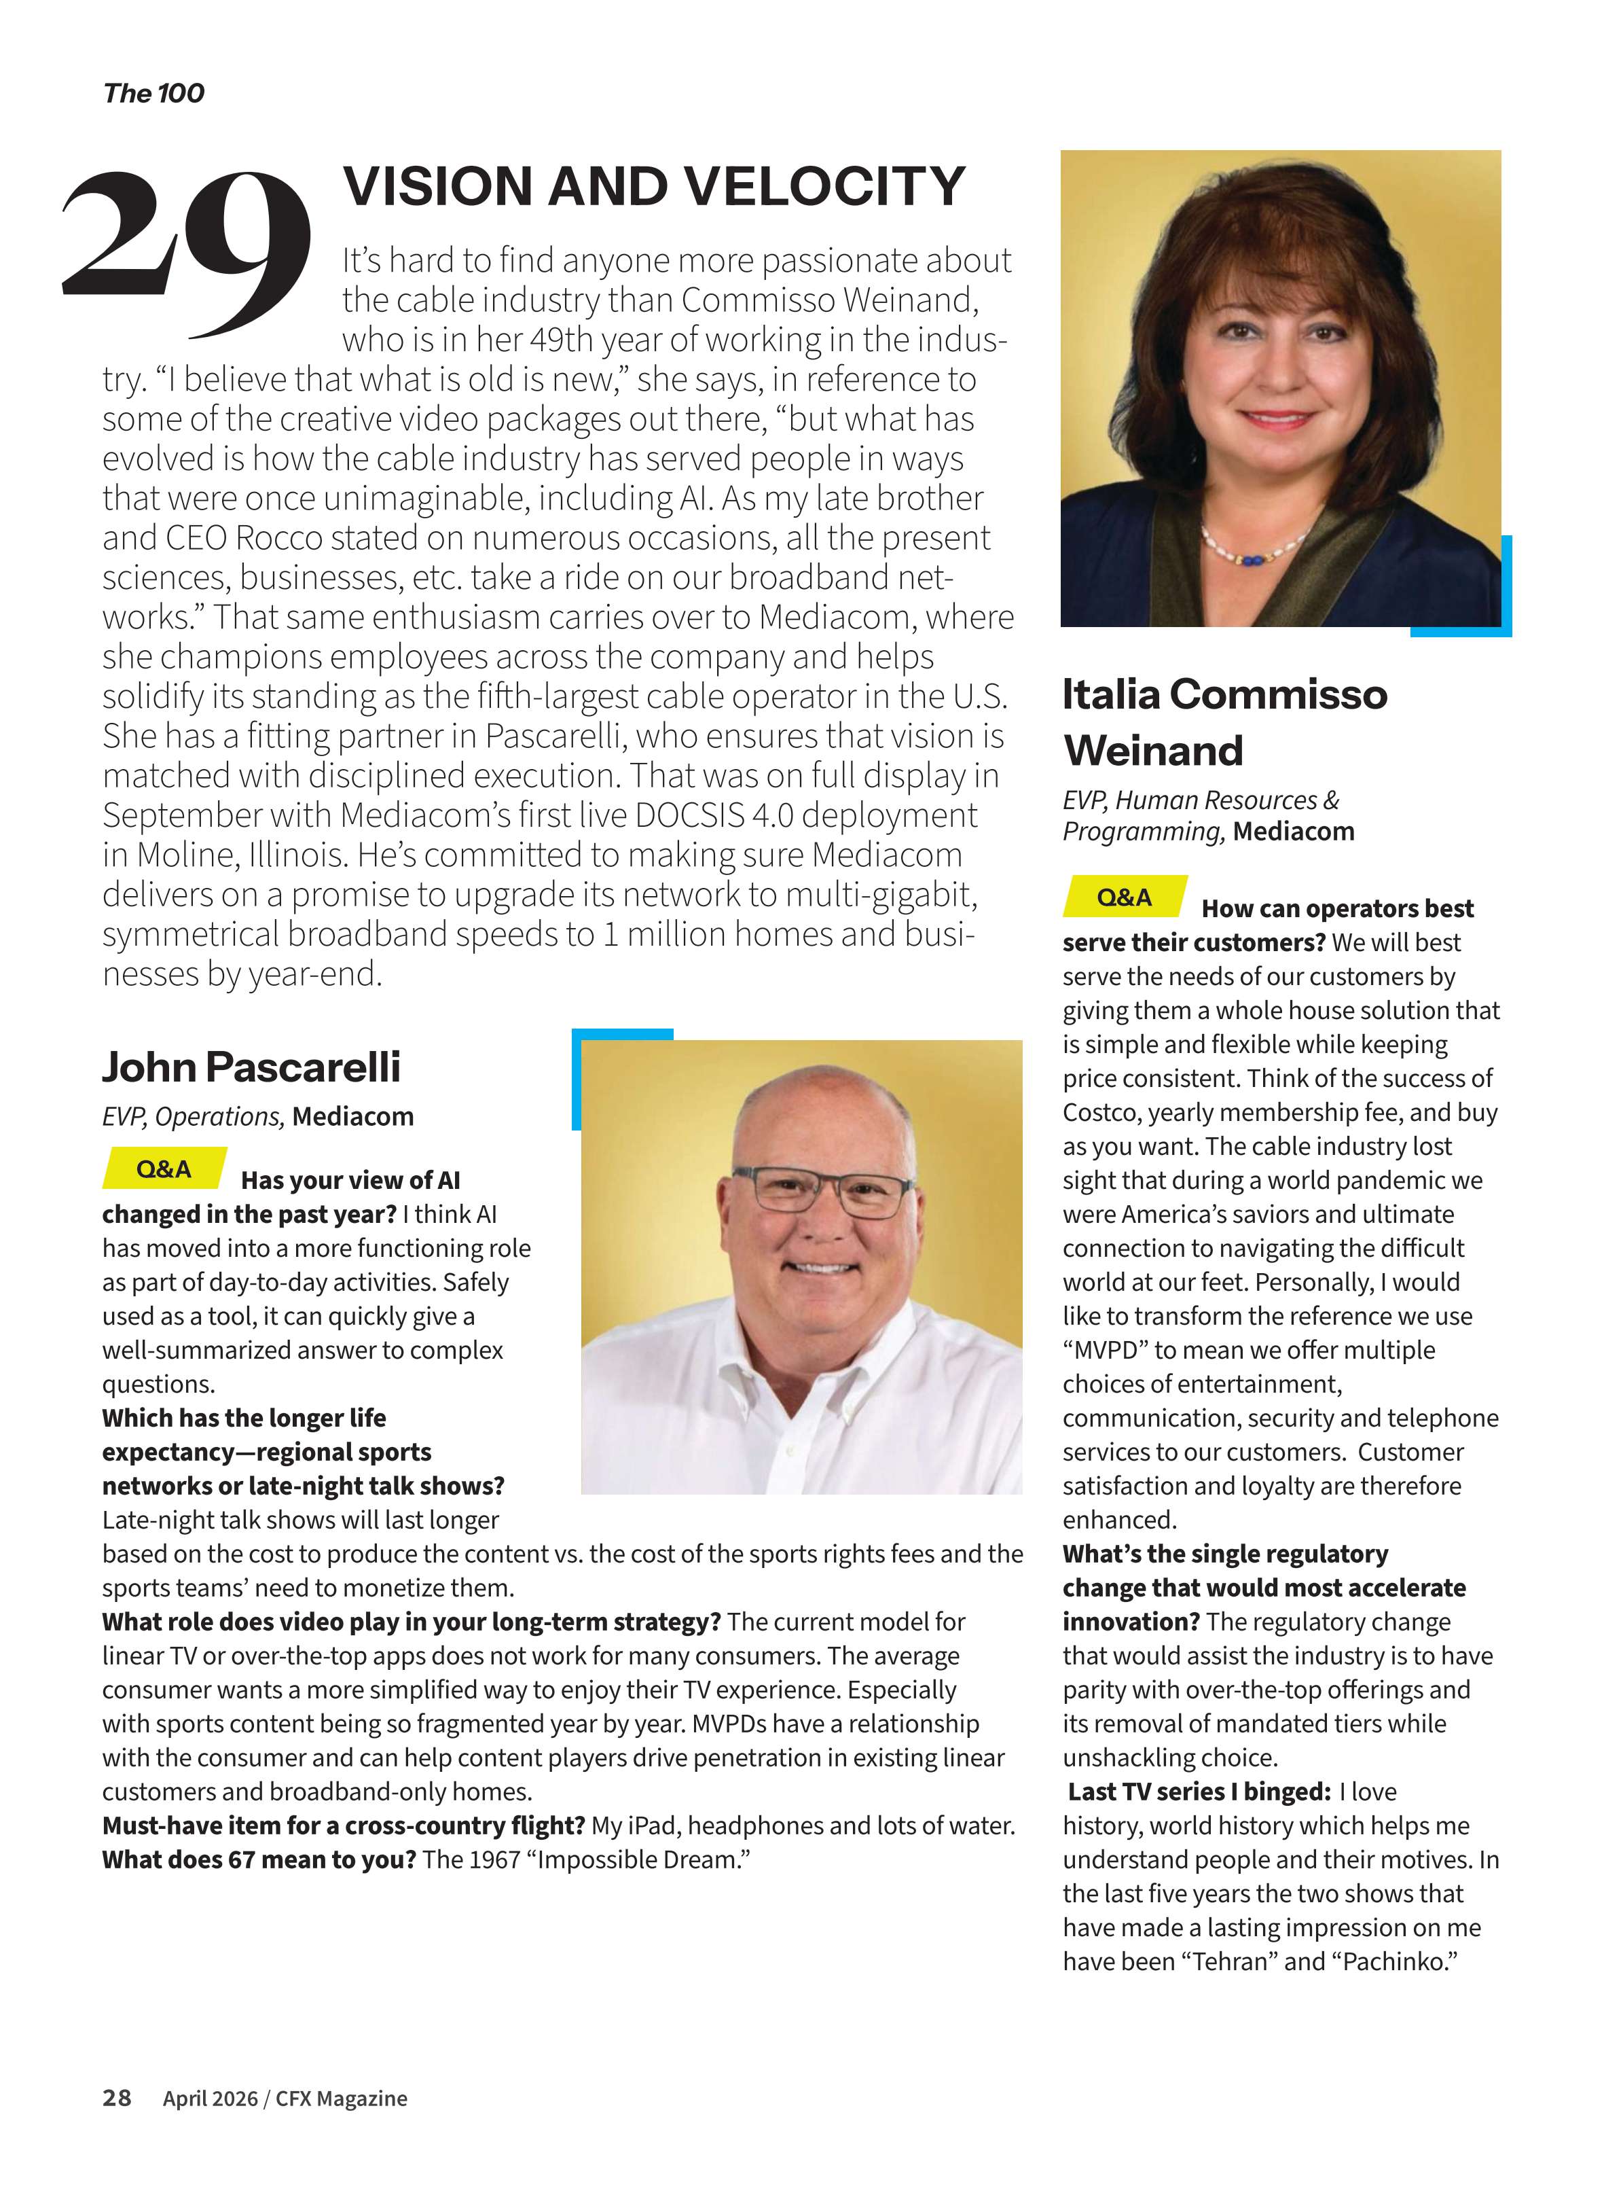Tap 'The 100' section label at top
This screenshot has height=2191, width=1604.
click(153, 93)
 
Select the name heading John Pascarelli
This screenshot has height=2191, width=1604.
click(251, 1067)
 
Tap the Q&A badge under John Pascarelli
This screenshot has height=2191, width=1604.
click(164, 1169)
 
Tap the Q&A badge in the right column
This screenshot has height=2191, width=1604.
click(1125, 897)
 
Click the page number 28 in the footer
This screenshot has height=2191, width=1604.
click(117, 2098)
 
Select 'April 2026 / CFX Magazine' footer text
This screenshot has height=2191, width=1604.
click(285, 2099)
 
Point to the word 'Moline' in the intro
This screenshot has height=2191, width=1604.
click(187, 855)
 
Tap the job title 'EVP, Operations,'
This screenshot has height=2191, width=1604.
click(194, 1117)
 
